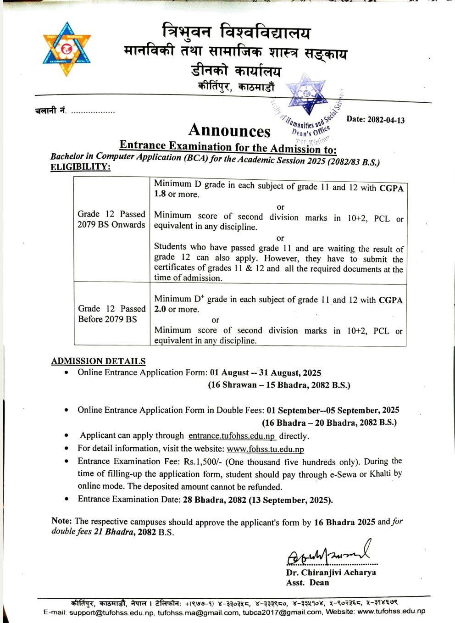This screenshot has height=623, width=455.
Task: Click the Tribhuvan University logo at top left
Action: tap(67, 49)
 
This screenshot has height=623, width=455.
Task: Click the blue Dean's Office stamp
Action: tap(308, 108)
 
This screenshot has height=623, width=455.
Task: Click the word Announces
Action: tap(229, 130)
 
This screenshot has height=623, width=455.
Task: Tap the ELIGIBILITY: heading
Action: tap(80, 167)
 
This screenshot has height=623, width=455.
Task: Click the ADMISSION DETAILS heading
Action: tap(98, 361)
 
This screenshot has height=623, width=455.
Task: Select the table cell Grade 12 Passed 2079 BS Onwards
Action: tap(111, 219)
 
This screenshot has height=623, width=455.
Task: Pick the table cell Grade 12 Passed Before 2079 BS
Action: tap(111, 314)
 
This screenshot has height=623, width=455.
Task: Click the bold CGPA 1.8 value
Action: tap(160, 194)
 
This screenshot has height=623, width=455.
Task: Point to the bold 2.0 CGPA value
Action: tap(160, 309)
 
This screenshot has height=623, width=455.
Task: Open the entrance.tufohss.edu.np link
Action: tap(232, 436)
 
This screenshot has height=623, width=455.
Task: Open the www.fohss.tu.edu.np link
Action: tap(265, 449)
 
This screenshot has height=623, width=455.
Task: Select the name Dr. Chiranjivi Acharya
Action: tap(331, 572)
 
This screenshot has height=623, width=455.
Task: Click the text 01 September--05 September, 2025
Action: tap(333, 410)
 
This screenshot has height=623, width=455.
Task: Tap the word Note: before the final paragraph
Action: tap(61, 521)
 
